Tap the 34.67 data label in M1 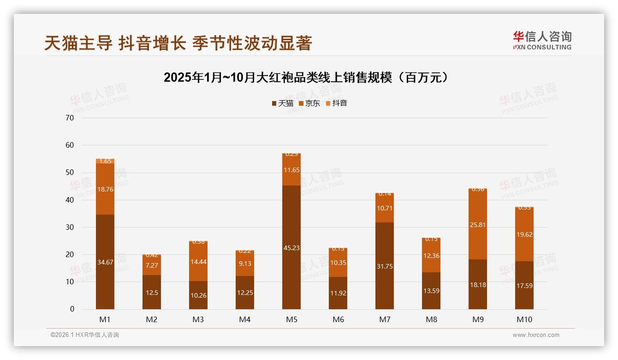point(105,262)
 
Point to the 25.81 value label point(478,225)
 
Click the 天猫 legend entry point(282,103)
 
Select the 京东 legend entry point(309,103)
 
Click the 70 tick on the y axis point(70,118)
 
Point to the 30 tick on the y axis point(70,227)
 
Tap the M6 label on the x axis point(338,319)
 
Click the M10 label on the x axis point(524,319)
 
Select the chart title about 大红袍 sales point(306,78)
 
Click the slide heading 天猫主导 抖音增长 point(178,43)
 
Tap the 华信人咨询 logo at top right point(542,40)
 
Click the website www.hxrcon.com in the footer point(535,335)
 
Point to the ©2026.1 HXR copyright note point(85,335)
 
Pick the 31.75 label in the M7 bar point(384,266)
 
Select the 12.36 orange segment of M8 point(431,255)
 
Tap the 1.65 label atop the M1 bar point(105,161)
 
